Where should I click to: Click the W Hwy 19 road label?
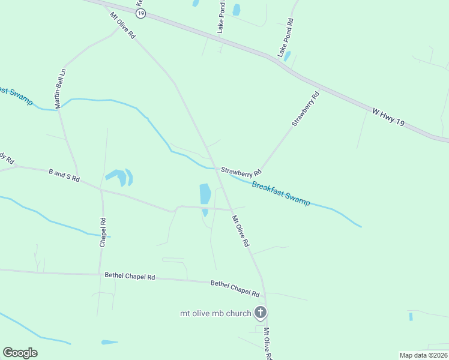tap(388, 116)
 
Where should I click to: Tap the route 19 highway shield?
tap(140, 13)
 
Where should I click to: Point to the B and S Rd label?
tap(64, 176)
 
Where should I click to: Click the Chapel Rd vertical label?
tap(103, 232)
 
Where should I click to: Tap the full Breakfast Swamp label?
tap(281, 193)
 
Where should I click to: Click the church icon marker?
tap(261, 312)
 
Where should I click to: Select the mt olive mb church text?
tap(215, 313)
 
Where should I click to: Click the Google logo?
tap(20, 353)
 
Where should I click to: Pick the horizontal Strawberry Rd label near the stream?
tap(241, 171)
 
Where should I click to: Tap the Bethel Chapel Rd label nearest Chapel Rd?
tap(130, 277)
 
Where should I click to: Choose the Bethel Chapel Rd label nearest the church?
tap(235, 288)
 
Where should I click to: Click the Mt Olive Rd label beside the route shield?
tap(123, 24)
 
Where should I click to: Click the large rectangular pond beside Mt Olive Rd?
tap(205, 194)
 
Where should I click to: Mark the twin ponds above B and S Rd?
tap(120, 177)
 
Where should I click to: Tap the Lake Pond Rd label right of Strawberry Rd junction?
tap(285, 37)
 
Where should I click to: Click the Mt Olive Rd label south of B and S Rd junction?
tap(240, 232)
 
